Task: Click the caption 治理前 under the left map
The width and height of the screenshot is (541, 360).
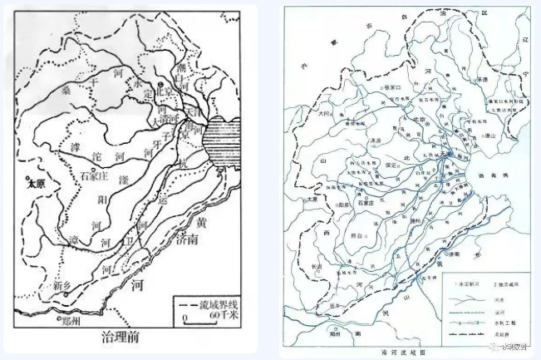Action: pos(125,338)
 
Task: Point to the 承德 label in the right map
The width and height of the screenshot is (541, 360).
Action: pos(481,77)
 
